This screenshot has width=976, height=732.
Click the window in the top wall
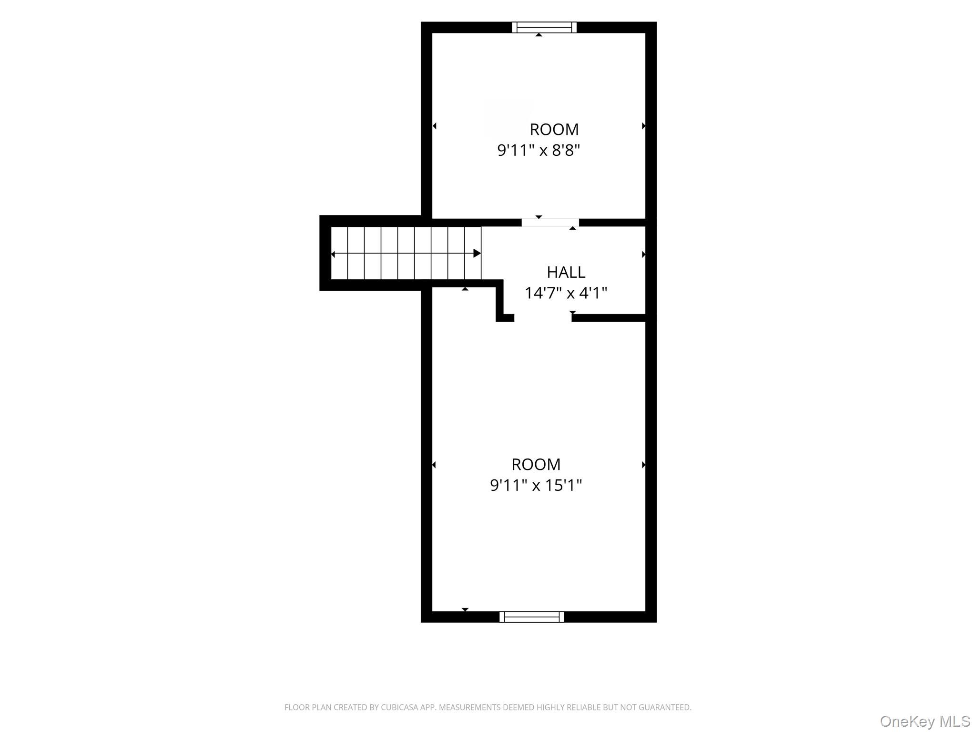(x=544, y=27)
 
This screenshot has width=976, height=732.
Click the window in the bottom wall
(x=532, y=617)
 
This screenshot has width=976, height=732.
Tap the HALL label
(x=566, y=272)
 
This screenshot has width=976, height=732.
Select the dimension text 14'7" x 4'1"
(x=566, y=293)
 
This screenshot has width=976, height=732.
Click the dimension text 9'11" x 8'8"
(x=539, y=150)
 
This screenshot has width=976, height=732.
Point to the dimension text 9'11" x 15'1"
(x=536, y=485)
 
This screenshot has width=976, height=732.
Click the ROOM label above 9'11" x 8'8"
(x=554, y=129)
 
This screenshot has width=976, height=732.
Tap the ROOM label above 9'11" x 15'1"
(x=536, y=464)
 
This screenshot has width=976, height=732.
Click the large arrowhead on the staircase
(x=477, y=254)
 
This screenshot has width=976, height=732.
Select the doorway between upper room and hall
(x=550, y=223)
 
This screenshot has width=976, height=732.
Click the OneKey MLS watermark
(x=925, y=722)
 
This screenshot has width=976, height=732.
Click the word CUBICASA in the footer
(x=399, y=708)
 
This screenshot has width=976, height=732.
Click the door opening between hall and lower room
(x=543, y=318)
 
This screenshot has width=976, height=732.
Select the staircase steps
(x=406, y=253)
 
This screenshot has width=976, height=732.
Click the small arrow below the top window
(x=539, y=35)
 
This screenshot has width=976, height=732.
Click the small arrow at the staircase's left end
(x=333, y=254)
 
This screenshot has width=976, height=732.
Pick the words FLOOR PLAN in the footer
(x=306, y=708)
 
